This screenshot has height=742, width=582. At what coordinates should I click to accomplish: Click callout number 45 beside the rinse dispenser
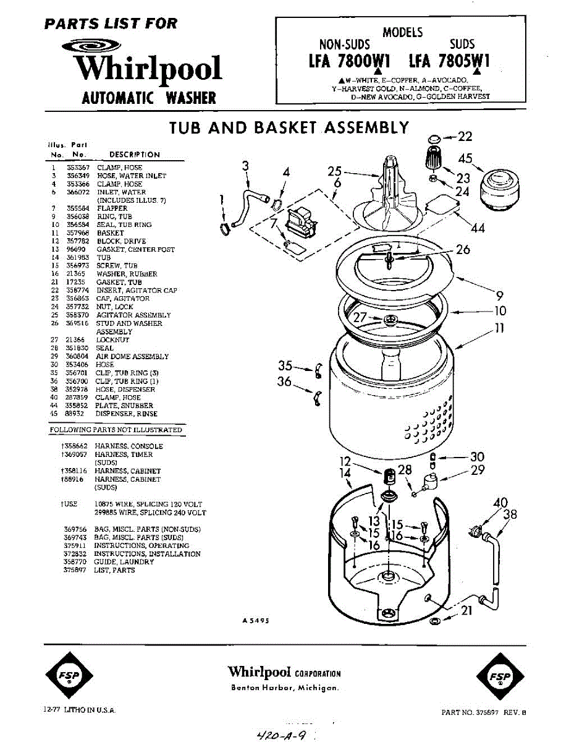[465, 158]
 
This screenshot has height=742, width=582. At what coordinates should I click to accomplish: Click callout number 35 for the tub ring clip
[285, 365]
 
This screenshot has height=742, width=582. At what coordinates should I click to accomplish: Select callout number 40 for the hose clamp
[500, 503]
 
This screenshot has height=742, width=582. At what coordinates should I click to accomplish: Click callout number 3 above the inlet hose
[246, 166]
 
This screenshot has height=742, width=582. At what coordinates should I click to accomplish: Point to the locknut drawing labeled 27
[390, 320]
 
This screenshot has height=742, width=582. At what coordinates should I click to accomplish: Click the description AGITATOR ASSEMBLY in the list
[133, 315]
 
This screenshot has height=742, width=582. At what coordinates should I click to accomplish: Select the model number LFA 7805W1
[449, 62]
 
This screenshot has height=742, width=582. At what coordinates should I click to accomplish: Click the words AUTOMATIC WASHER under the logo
[149, 98]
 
